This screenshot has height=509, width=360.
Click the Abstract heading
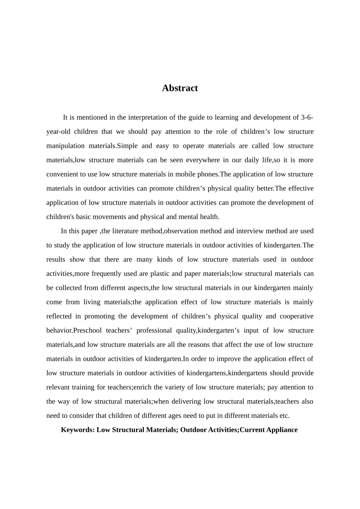click(180, 88)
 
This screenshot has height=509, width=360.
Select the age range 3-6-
click(307, 117)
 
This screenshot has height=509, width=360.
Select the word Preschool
click(88, 330)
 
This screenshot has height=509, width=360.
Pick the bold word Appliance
click(282, 430)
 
